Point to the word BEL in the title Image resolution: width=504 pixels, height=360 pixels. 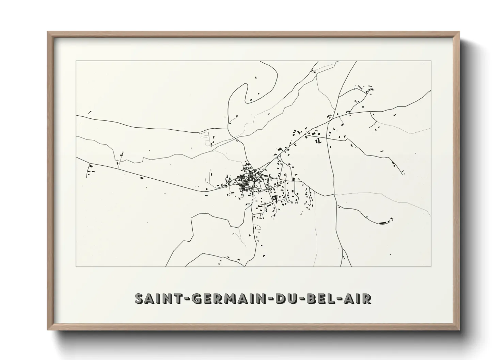click(x=321, y=298)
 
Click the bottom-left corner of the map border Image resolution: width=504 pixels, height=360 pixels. click(x=76, y=266)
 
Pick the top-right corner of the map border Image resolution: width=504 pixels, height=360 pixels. click(x=431, y=61)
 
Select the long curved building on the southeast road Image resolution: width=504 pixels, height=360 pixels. click(x=383, y=223)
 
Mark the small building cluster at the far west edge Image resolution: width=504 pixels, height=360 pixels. click(x=91, y=169)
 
